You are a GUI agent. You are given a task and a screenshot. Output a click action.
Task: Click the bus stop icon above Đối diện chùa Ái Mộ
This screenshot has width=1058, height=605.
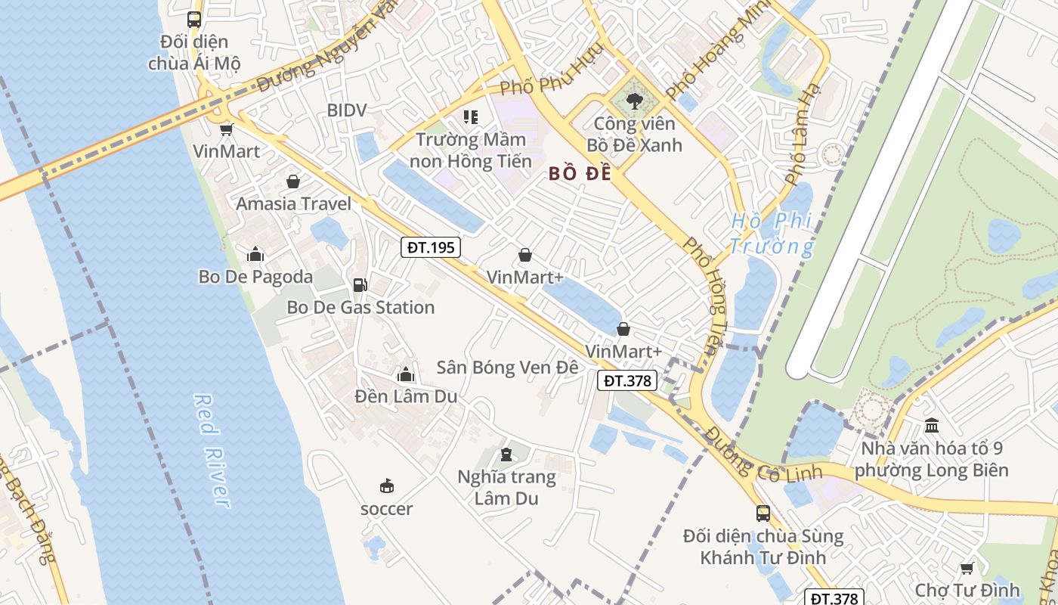coord(194,20)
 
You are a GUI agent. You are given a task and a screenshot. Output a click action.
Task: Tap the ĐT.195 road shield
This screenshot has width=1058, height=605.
coord(430,247)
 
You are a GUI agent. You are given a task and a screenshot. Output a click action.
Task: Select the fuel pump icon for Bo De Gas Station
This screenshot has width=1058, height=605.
coord(360,285)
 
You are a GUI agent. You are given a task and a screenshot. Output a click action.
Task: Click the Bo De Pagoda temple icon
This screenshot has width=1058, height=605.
coord(255,254)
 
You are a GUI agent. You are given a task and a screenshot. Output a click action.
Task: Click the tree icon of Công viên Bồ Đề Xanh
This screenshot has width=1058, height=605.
coord(634,101)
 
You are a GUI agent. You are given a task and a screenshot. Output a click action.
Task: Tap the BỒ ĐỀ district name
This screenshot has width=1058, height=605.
coord(580,174)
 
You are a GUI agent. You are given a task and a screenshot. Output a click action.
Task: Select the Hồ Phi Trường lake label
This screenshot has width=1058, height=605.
coord(772,234)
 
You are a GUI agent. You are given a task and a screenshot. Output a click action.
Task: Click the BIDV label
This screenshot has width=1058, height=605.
coord(347,110)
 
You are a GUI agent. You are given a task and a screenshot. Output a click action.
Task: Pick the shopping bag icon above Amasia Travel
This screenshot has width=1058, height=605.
coord(292,181)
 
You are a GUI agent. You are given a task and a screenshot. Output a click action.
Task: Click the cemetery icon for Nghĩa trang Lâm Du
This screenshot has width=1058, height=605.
coord(506,455)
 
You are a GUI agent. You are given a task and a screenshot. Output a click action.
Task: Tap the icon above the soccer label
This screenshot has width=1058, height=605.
coord(386,486)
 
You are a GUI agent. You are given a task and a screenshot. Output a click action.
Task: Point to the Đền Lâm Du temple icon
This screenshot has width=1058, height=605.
coord(406,374)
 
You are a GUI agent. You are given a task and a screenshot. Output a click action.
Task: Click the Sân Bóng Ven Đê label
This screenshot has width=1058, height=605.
coord(507,368)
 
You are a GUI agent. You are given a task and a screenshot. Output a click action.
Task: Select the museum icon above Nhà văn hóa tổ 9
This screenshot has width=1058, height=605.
coord(932,426)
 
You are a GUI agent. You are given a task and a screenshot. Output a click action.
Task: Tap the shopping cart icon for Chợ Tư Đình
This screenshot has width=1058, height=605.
coord(967,568)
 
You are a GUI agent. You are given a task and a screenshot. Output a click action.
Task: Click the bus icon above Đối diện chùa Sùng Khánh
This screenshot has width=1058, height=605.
coord(763,513)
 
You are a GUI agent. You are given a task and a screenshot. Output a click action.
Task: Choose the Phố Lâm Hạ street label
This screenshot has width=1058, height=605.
coord(803,134)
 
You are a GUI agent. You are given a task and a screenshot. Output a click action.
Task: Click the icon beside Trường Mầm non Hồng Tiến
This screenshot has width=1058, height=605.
coord(471,117)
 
